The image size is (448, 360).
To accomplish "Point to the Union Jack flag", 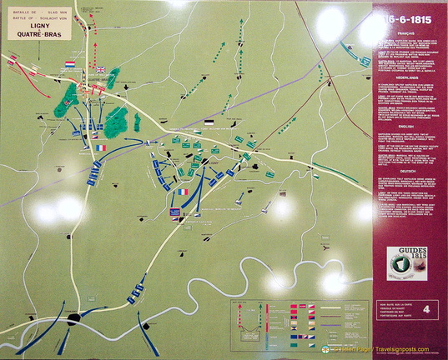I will pyautogui.click(x=101, y=70).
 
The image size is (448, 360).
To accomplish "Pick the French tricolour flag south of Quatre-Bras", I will pyautogui.click(x=101, y=147).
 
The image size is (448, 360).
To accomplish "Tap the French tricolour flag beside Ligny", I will pyautogui.click(x=182, y=192).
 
